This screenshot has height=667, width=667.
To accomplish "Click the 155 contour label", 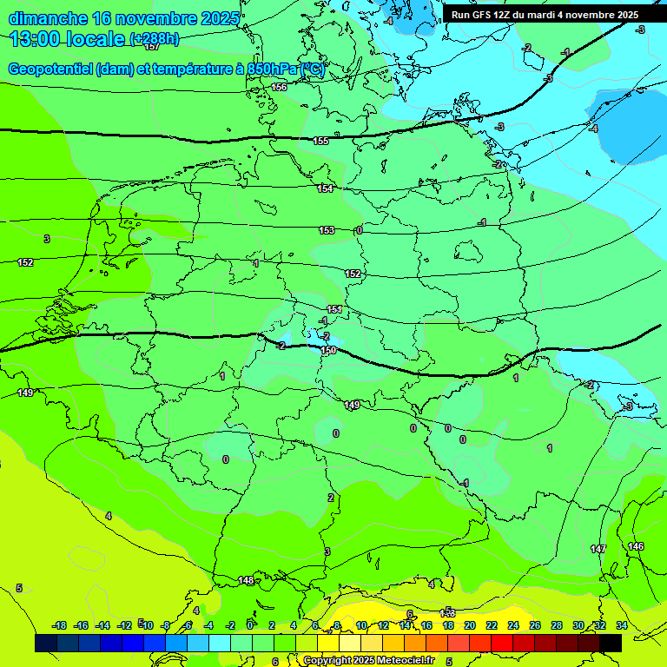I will [320, 141].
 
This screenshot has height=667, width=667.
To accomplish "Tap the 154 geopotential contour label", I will [325, 188].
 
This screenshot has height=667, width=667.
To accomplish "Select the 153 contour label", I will [327, 230].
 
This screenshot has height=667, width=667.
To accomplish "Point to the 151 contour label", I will [334, 309].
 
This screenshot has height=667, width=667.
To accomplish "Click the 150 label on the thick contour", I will [328, 350].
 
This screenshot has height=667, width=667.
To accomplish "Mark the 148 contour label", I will [246, 580].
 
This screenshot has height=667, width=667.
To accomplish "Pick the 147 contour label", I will [598, 549].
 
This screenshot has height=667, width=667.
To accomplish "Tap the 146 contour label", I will [636, 545].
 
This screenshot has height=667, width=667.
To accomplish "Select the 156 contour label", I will [279, 87].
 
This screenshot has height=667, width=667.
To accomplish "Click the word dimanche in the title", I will [48, 17].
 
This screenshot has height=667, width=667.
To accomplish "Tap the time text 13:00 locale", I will [67, 39].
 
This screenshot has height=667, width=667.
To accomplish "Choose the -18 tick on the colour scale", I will [59, 625].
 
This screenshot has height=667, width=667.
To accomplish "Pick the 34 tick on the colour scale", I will [621, 625].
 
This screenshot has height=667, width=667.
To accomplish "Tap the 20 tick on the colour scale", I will [470, 625].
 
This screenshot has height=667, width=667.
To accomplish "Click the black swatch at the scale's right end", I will [611, 643].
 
